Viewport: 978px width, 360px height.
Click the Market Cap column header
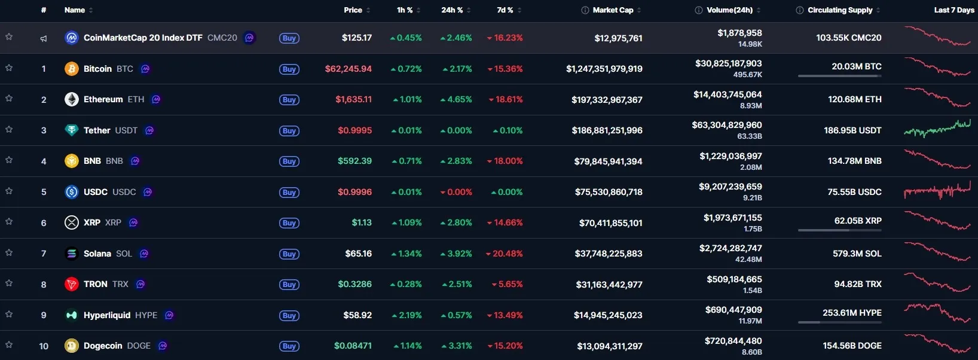(x=613, y=10)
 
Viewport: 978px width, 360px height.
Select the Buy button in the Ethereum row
(x=289, y=100)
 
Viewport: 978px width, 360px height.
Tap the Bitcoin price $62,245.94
(x=349, y=69)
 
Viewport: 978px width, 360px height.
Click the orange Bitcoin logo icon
(x=72, y=69)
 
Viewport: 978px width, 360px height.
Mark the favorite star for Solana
(x=9, y=252)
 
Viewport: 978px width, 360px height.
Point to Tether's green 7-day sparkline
(x=937, y=129)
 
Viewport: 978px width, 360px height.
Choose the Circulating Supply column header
(x=840, y=10)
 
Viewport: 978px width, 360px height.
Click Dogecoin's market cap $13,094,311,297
(x=610, y=346)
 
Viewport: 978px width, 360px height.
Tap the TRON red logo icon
(x=72, y=284)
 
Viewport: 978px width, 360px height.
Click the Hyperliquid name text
(x=107, y=315)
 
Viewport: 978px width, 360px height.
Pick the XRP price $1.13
(x=362, y=222)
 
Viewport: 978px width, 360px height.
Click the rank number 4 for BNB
(x=44, y=161)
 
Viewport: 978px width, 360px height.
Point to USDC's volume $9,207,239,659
(x=731, y=187)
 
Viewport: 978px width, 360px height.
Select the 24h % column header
(x=452, y=10)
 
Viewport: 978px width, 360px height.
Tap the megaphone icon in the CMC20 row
(x=44, y=38)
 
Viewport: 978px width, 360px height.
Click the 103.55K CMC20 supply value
(x=849, y=38)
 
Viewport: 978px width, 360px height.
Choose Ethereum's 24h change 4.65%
(x=456, y=100)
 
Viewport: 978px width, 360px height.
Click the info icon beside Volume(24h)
(x=699, y=10)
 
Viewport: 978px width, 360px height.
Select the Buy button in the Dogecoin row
(x=289, y=346)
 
